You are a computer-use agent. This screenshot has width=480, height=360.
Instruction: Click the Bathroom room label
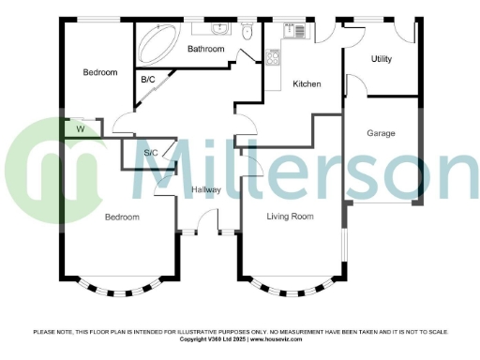[x=206, y=49]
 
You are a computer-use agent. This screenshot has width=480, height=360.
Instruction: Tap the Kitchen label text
[x=307, y=84]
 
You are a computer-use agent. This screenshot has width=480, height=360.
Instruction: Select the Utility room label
[x=381, y=59]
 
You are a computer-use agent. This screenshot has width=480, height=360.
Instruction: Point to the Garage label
[x=381, y=133]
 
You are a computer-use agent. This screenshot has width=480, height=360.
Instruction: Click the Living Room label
[x=290, y=217]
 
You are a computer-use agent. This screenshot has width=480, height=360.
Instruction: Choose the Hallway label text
[x=206, y=190]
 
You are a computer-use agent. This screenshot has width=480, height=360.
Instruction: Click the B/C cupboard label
[x=148, y=81]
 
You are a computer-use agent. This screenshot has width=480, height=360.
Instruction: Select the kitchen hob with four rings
[x=275, y=56]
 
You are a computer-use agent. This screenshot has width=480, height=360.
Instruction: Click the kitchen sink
[x=297, y=29]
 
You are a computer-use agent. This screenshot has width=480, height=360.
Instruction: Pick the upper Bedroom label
[x=99, y=73]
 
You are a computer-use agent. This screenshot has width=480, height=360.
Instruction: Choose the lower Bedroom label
[x=122, y=217]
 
